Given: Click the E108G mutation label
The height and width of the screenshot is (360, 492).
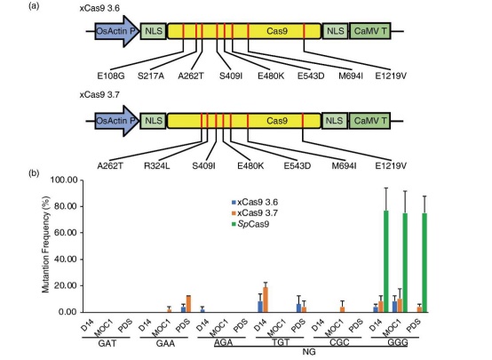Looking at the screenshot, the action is pos(111,76).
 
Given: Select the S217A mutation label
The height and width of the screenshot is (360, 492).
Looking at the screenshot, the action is pos(151,76).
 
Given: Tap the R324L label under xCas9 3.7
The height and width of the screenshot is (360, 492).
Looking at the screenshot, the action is pos(157,166).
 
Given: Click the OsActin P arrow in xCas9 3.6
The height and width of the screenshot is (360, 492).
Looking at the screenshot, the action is pos(117,31).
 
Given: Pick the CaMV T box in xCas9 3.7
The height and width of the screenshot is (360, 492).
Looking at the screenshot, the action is pos(370,121).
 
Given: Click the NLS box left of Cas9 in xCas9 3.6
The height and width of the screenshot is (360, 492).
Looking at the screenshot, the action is pos(153,31).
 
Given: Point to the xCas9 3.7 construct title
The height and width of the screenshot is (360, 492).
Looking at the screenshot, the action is pos(99,95).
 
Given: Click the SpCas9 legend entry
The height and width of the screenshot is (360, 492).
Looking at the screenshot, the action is pos(250,224).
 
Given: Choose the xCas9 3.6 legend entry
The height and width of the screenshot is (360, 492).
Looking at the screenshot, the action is pos(255,202).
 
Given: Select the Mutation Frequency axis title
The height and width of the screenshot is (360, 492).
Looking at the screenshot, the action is pos(46,244).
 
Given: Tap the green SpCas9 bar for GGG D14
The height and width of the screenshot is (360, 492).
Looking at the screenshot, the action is pos(386,261).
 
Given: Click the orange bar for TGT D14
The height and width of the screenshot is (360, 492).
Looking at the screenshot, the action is pos(266,300).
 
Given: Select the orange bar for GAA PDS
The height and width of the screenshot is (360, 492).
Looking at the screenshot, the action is pos(188,304).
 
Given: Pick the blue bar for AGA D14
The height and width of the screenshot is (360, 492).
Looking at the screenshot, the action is pos(202,311).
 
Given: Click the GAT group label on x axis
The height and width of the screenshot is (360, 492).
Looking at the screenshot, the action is pos(107,343).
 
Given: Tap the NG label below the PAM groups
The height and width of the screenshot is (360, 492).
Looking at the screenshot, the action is pos(309,352).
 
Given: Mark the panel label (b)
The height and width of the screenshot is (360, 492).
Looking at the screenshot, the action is pos(34,173).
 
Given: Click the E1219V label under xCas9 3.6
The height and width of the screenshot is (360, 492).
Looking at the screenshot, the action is pos(391,76).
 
